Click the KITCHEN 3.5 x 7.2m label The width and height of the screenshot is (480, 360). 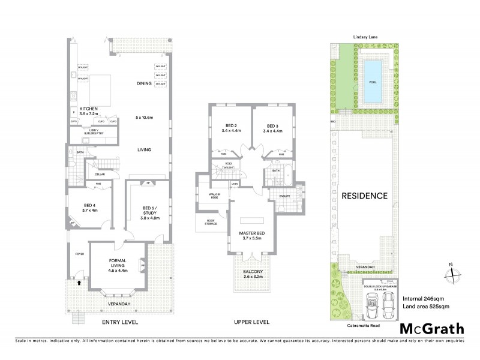coord(85,111)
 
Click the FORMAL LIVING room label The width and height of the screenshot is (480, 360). coord(117,263)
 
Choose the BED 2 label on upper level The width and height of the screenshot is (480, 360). coord(230,128)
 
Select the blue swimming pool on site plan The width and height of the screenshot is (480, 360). coord(373,73)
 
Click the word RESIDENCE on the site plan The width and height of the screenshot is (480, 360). coord(364,196)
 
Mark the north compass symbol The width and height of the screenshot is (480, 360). coord(451,274)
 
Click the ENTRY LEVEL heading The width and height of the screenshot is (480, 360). coord(119,323)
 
